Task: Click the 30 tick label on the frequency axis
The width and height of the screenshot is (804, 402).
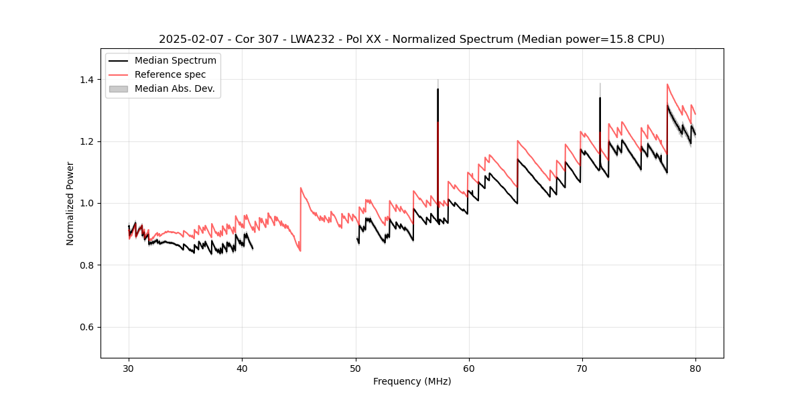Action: tap(129, 368)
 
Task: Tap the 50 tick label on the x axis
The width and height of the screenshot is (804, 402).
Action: tap(355, 368)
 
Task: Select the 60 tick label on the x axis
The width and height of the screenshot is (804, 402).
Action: tap(468, 368)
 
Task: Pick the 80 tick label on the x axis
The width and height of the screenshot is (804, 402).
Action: tap(695, 368)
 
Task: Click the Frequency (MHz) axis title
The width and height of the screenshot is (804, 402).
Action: tap(412, 381)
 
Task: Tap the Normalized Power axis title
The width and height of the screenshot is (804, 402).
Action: tap(70, 203)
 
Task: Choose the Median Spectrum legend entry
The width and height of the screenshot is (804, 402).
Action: tap(175, 61)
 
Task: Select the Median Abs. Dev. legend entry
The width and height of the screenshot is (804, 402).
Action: tap(174, 88)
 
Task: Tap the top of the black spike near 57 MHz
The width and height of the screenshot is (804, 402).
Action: tap(438, 89)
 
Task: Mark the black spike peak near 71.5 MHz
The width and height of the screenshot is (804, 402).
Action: tap(600, 98)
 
